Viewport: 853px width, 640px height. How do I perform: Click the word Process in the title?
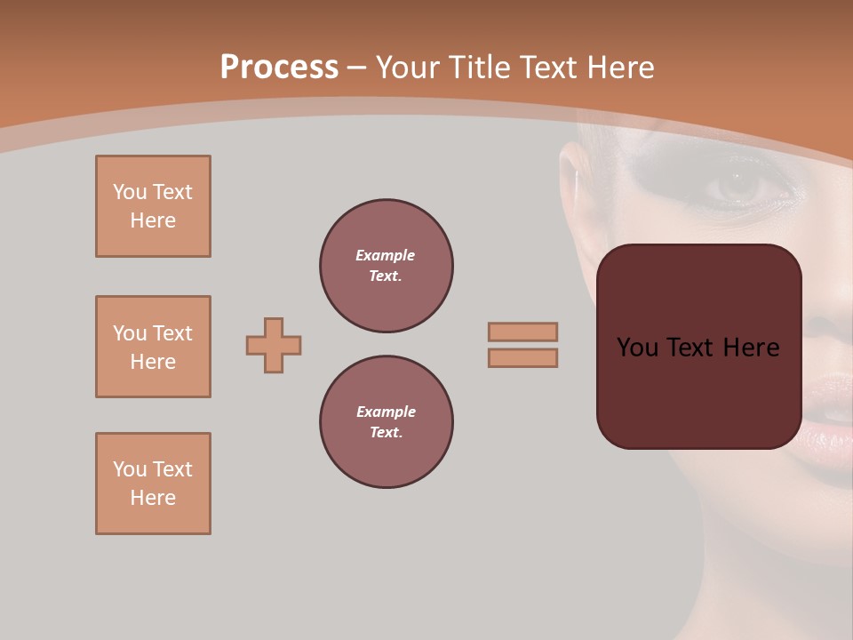(279, 68)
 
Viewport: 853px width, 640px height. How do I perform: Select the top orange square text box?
(153, 206)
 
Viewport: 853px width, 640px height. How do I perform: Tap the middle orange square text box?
(153, 347)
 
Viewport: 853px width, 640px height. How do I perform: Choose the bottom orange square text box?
(153, 484)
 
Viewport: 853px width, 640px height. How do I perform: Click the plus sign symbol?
(274, 345)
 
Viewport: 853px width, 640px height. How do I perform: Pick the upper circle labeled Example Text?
(387, 266)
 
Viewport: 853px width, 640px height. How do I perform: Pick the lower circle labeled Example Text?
(387, 422)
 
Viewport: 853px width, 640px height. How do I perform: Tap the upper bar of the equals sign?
(522, 332)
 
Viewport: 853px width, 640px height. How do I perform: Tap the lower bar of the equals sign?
(522, 357)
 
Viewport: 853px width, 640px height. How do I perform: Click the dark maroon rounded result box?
(698, 347)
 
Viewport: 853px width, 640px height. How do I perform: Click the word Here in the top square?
(153, 220)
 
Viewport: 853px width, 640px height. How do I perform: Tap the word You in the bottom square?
(130, 469)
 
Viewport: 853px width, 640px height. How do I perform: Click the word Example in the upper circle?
(386, 255)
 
